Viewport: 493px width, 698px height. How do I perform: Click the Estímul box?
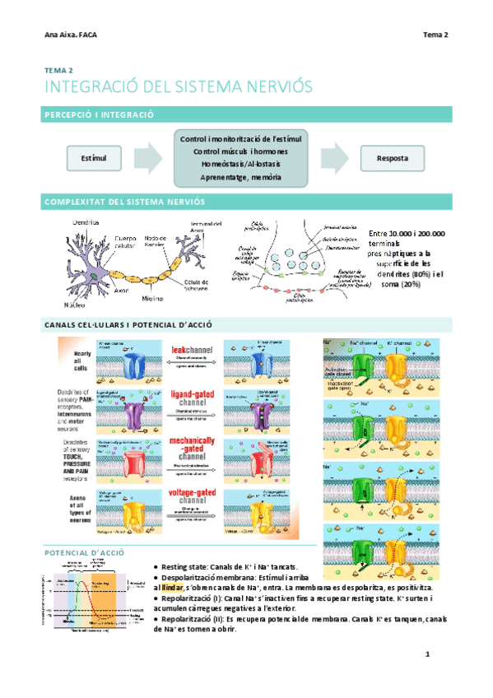coord(87,157)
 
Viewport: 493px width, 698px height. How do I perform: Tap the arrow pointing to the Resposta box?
coord(333,157)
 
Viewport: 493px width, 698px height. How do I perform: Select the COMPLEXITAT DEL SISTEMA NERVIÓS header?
coord(124,202)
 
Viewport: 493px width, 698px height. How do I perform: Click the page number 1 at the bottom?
coord(428,654)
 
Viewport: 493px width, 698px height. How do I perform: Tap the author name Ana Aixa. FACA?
coord(72,35)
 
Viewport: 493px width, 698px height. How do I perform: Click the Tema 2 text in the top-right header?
coord(435,35)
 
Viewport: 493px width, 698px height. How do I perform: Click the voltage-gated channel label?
coord(191,496)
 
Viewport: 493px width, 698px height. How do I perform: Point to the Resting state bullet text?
coord(222,568)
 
